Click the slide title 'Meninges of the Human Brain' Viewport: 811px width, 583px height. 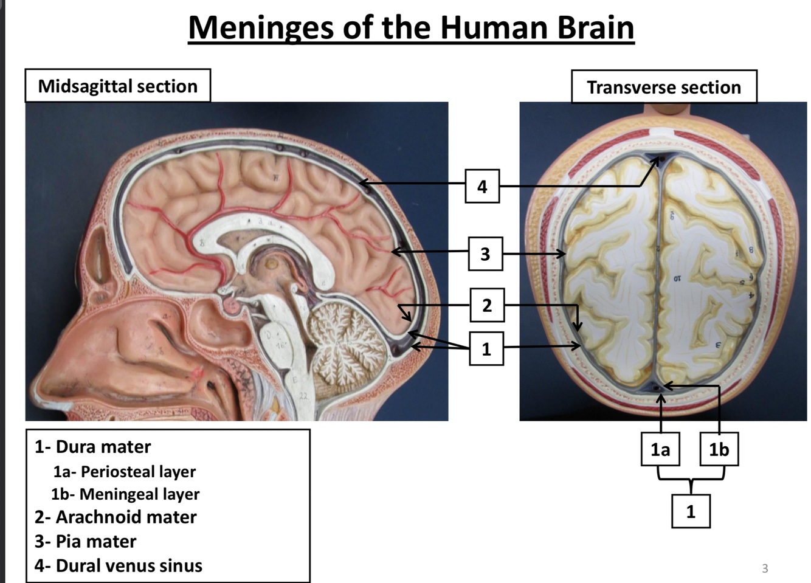coord(411,27)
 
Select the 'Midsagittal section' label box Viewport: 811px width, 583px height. coord(117,86)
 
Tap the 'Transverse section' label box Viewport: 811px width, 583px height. coord(664,87)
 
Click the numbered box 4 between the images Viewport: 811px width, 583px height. coord(482,186)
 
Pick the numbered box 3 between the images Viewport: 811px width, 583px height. coord(485,254)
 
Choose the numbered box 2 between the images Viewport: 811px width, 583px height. coord(486,305)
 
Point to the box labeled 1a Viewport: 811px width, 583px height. coord(660,449)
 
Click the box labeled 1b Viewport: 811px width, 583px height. coord(719,449)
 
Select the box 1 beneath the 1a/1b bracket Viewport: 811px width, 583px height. coord(691,511)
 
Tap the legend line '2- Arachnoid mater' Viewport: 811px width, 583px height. coord(116,517)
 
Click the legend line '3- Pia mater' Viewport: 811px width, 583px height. coord(85,541)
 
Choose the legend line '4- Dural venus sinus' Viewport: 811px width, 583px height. coord(118,565)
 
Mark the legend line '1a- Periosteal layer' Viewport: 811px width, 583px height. coord(124,471)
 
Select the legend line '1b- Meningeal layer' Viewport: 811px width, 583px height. coord(125,494)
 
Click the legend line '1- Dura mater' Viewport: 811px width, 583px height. coord(92,447)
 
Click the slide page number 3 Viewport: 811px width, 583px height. coord(765,568)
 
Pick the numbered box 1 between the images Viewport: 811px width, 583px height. coord(486,348)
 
